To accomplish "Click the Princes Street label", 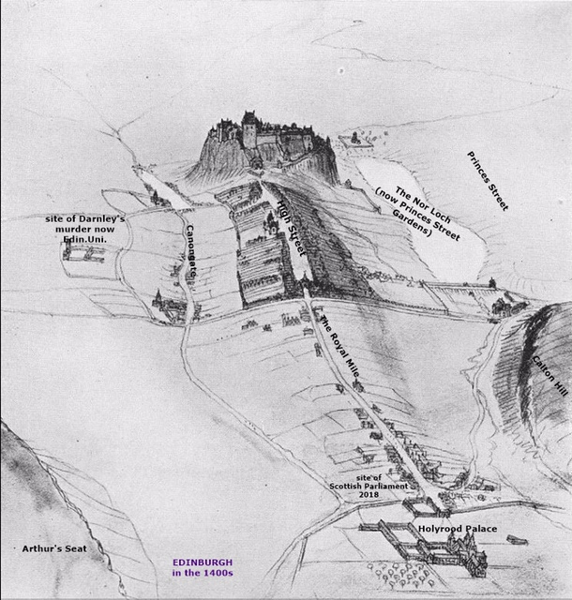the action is click(x=488, y=179).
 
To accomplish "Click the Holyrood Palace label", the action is click(x=458, y=530).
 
